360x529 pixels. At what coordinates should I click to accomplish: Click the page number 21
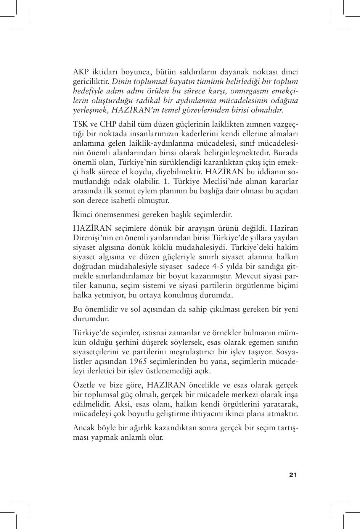293,475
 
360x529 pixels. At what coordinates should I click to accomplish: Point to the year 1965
138,361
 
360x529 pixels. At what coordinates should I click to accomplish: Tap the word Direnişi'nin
92,238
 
